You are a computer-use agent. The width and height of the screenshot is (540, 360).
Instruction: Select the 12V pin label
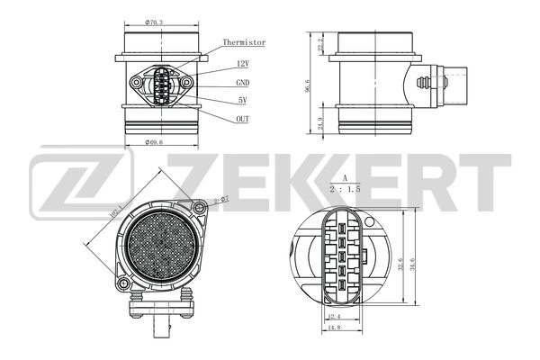(243, 64)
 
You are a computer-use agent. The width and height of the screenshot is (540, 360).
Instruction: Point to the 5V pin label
(243, 100)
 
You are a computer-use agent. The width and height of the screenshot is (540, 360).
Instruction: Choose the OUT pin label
(243, 119)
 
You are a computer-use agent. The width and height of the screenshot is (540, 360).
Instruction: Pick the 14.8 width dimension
(333, 328)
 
